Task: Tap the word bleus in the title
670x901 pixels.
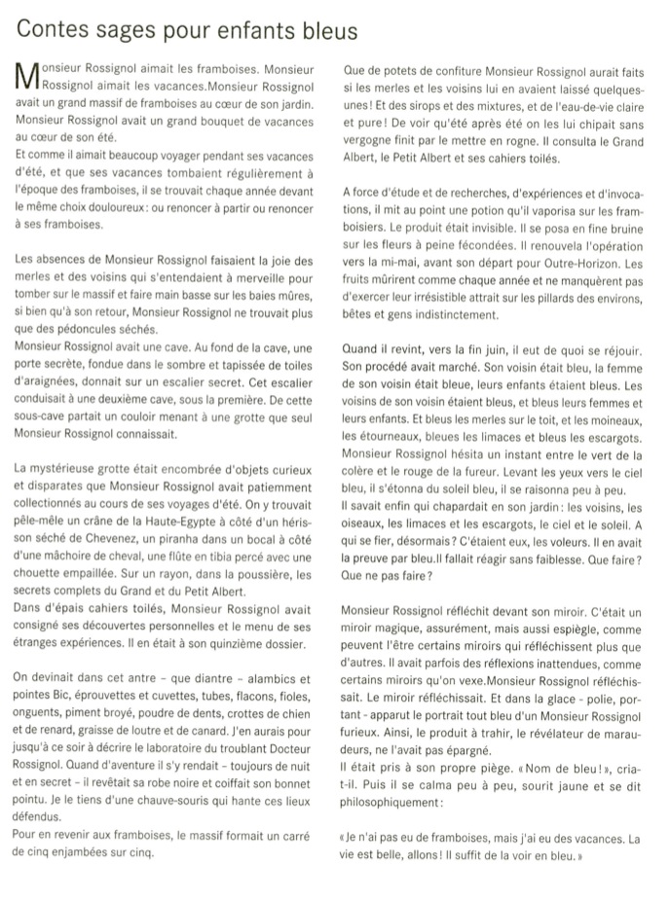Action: [327, 31]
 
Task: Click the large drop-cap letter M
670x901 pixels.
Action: [26, 79]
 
